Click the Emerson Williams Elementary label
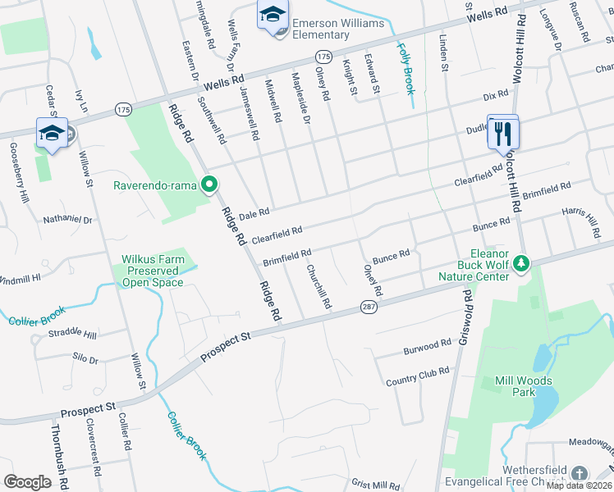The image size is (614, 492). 337,29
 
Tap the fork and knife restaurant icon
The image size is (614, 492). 502,133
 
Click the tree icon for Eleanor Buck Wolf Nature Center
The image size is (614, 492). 520,264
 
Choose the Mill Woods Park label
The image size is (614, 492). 523,386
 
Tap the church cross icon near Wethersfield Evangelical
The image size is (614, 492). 580,474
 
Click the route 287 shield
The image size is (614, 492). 368,307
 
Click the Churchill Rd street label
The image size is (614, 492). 318,286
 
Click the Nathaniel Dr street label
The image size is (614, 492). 67,220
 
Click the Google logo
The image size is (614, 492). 27,481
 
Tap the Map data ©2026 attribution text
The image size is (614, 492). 578,485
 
